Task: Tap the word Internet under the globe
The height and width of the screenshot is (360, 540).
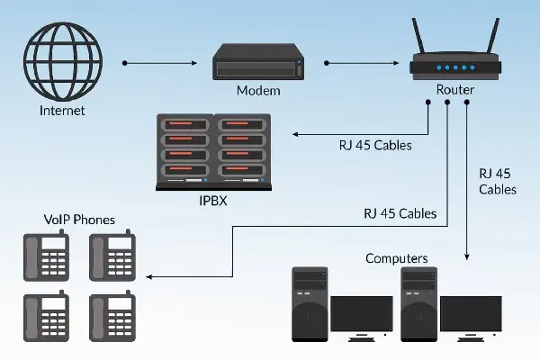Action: [x=62, y=112]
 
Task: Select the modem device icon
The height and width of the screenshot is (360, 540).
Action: [x=255, y=65]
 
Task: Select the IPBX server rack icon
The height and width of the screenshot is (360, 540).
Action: [x=213, y=151]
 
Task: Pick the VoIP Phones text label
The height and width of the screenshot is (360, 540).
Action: [x=79, y=220]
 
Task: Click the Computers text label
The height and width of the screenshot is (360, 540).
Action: [x=396, y=258]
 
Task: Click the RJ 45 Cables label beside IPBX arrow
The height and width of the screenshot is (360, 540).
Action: [x=373, y=144]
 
